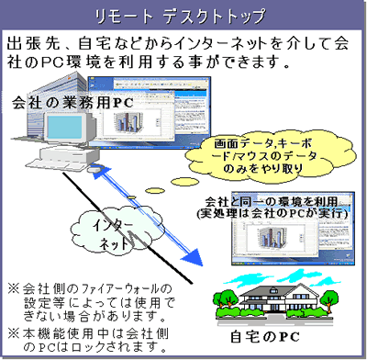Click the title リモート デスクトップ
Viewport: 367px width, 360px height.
(x=183, y=16)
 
